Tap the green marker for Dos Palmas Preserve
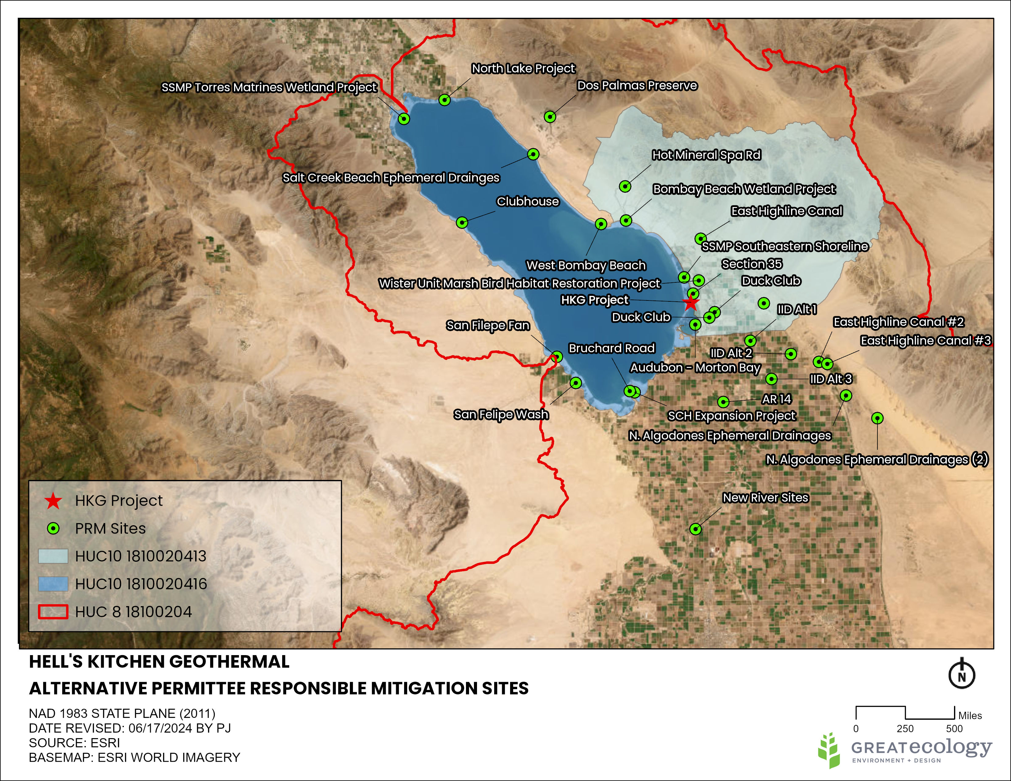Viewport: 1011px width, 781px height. point(550,117)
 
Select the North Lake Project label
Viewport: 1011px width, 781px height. point(523,69)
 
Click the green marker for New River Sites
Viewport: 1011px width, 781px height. point(695,529)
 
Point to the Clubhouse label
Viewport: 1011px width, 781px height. point(528,201)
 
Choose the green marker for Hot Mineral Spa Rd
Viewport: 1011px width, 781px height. point(625,187)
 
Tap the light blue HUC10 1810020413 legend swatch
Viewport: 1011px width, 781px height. point(53,556)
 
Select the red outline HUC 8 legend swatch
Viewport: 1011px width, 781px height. point(53,612)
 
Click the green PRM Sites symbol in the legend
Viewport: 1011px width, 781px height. point(54,528)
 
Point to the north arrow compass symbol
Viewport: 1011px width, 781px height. point(961,674)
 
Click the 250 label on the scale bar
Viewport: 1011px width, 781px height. point(905,729)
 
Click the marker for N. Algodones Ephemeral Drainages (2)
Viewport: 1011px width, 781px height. point(877,418)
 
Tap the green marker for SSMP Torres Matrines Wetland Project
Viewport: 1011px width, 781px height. point(404,119)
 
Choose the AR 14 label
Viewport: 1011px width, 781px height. point(776,399)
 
